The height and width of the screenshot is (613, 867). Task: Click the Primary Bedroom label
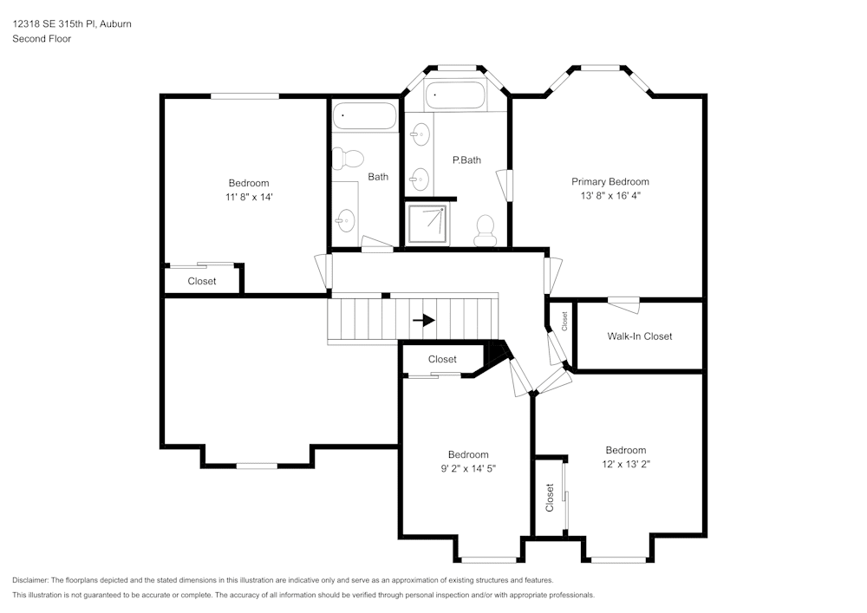click(610, 181)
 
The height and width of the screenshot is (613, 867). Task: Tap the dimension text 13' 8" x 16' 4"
click(610, 195)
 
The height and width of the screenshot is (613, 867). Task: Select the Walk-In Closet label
click(639, 336)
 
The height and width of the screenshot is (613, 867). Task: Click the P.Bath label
click(466, 160)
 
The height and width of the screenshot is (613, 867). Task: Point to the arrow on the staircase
click(424, 320)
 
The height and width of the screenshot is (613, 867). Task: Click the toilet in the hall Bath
click(351, 158)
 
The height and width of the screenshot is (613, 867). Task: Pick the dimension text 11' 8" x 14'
click(249, 197)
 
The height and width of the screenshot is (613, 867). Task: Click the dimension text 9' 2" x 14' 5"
click(468, 468)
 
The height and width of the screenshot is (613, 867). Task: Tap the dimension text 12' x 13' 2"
click(625, 464)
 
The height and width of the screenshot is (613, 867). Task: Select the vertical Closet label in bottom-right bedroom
click(550, 498)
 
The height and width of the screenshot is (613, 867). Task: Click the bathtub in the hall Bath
click(365, 115)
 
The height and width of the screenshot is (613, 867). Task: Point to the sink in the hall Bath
click(346, 220)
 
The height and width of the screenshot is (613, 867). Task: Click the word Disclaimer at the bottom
click(31, 580)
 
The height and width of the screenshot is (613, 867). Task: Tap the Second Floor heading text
click(42, 38)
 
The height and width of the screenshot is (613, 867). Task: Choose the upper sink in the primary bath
click(420, 133)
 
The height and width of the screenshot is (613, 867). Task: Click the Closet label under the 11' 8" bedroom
click(202, 281)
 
